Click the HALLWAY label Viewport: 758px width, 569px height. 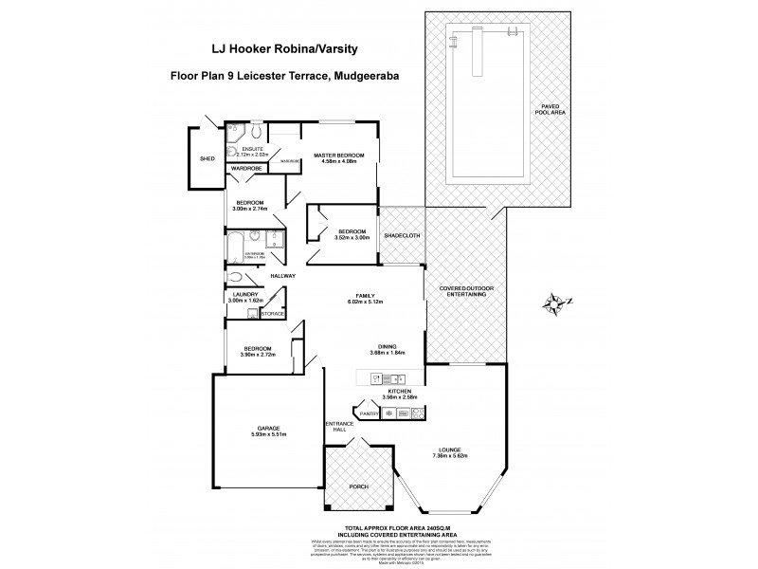tap(282, 276)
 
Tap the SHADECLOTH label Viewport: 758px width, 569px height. tap(402, 236)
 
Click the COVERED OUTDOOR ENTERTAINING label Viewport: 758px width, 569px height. tap(464, 290)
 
